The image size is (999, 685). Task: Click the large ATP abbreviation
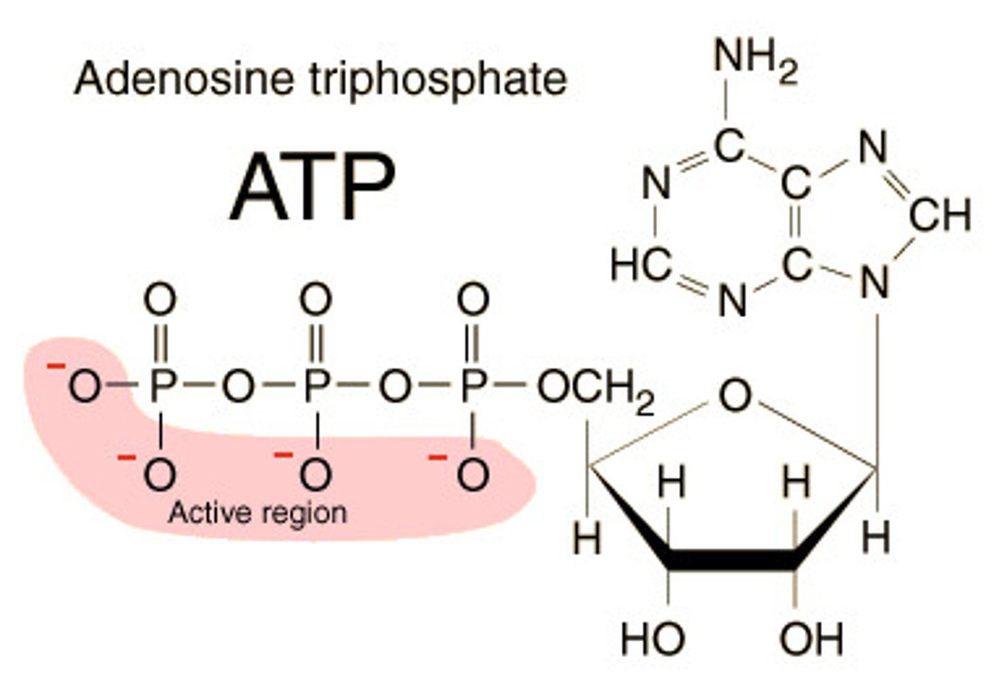(312, 186)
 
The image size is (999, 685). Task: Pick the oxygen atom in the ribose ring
(735, 396)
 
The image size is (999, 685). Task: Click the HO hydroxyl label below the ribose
(652, 639)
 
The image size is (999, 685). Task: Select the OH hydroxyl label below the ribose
(811, 639)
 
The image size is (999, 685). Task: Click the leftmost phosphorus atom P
(161, 386)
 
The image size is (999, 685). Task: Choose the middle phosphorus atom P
(316, 386)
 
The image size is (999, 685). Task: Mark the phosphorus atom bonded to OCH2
(473, 386)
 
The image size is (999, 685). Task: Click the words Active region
(257, 513)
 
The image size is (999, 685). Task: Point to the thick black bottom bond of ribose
(732, 559)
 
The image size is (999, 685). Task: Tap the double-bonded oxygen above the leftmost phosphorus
(160, 301)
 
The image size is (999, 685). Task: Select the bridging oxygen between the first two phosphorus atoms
(238, 386)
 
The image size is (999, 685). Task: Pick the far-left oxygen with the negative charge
(83, 386)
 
